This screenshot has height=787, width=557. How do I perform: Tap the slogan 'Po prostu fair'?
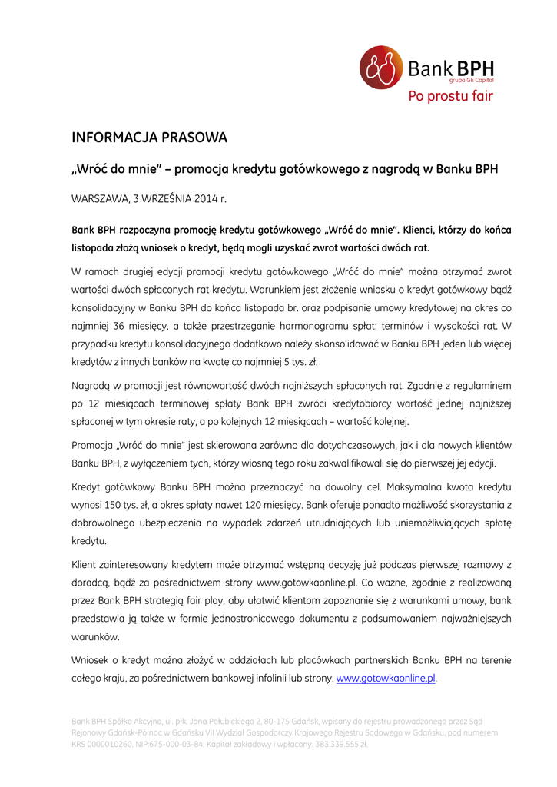449,96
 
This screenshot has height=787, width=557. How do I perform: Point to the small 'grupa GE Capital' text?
471,80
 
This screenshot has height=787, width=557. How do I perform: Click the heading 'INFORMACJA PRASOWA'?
149,138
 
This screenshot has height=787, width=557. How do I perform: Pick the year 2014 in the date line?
206,198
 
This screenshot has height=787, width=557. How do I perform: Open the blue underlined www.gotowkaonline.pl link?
386,679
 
